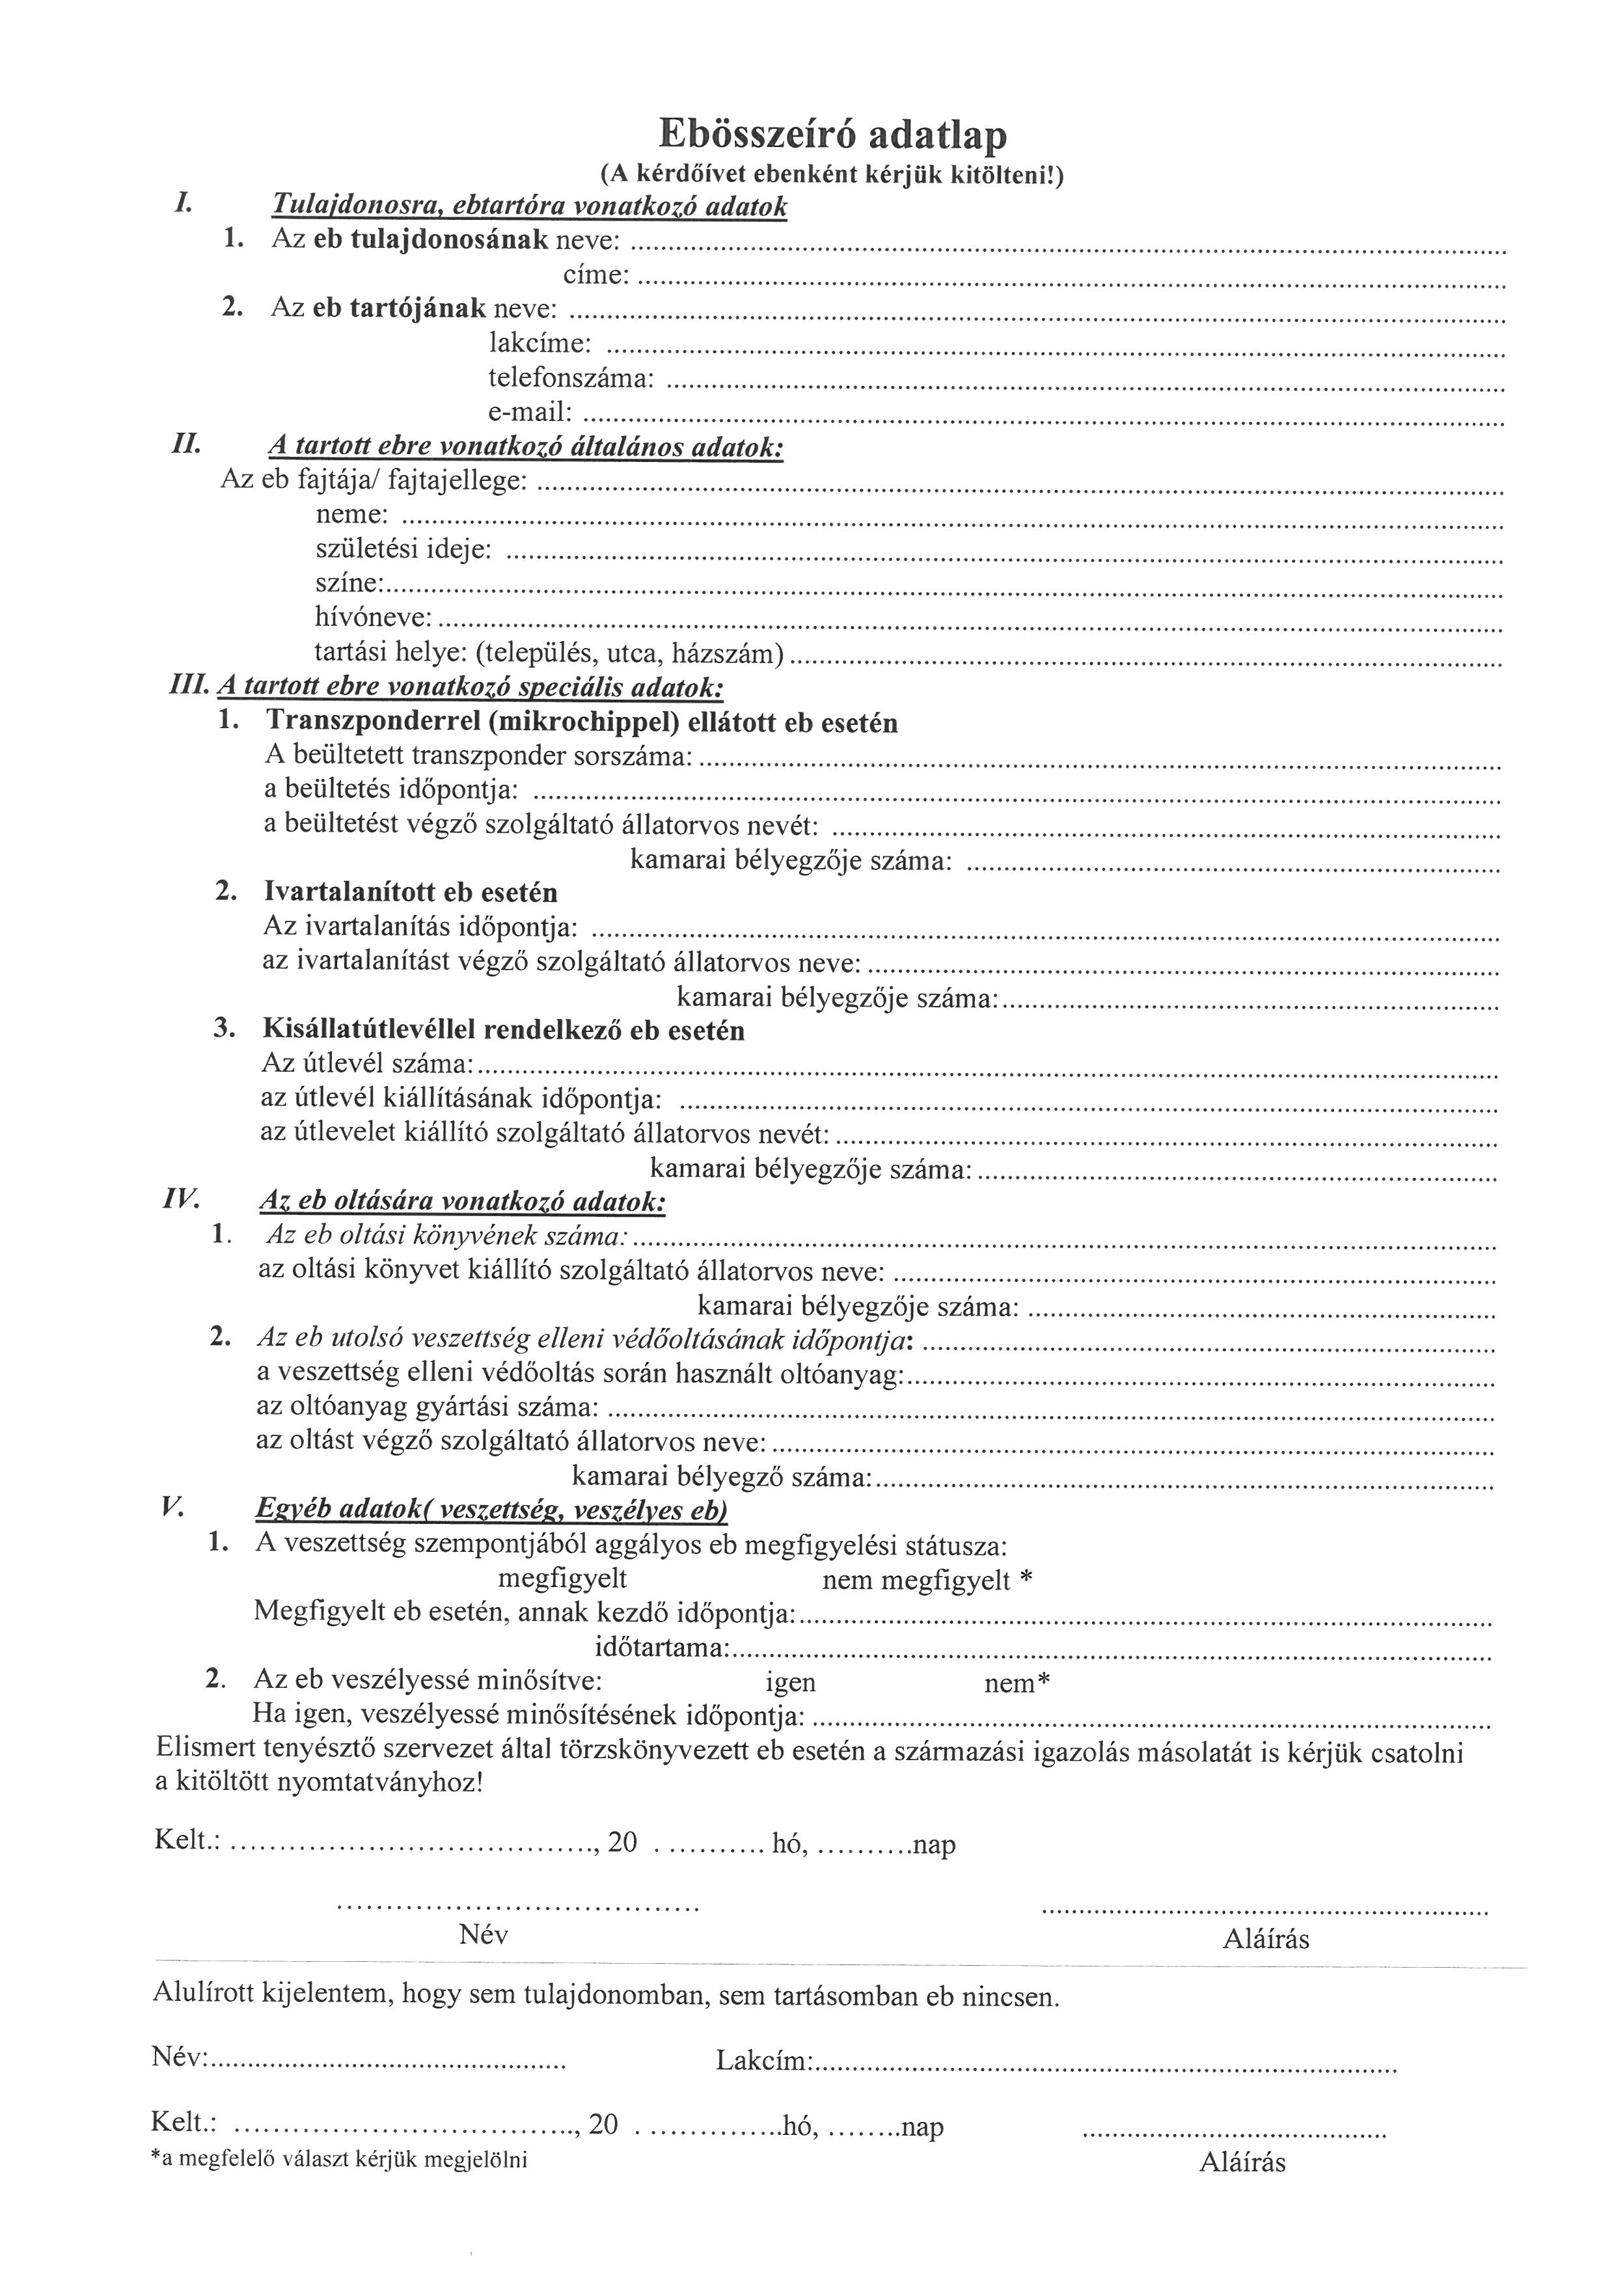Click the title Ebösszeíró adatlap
click(833, 134)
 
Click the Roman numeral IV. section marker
click(182, 1200)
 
